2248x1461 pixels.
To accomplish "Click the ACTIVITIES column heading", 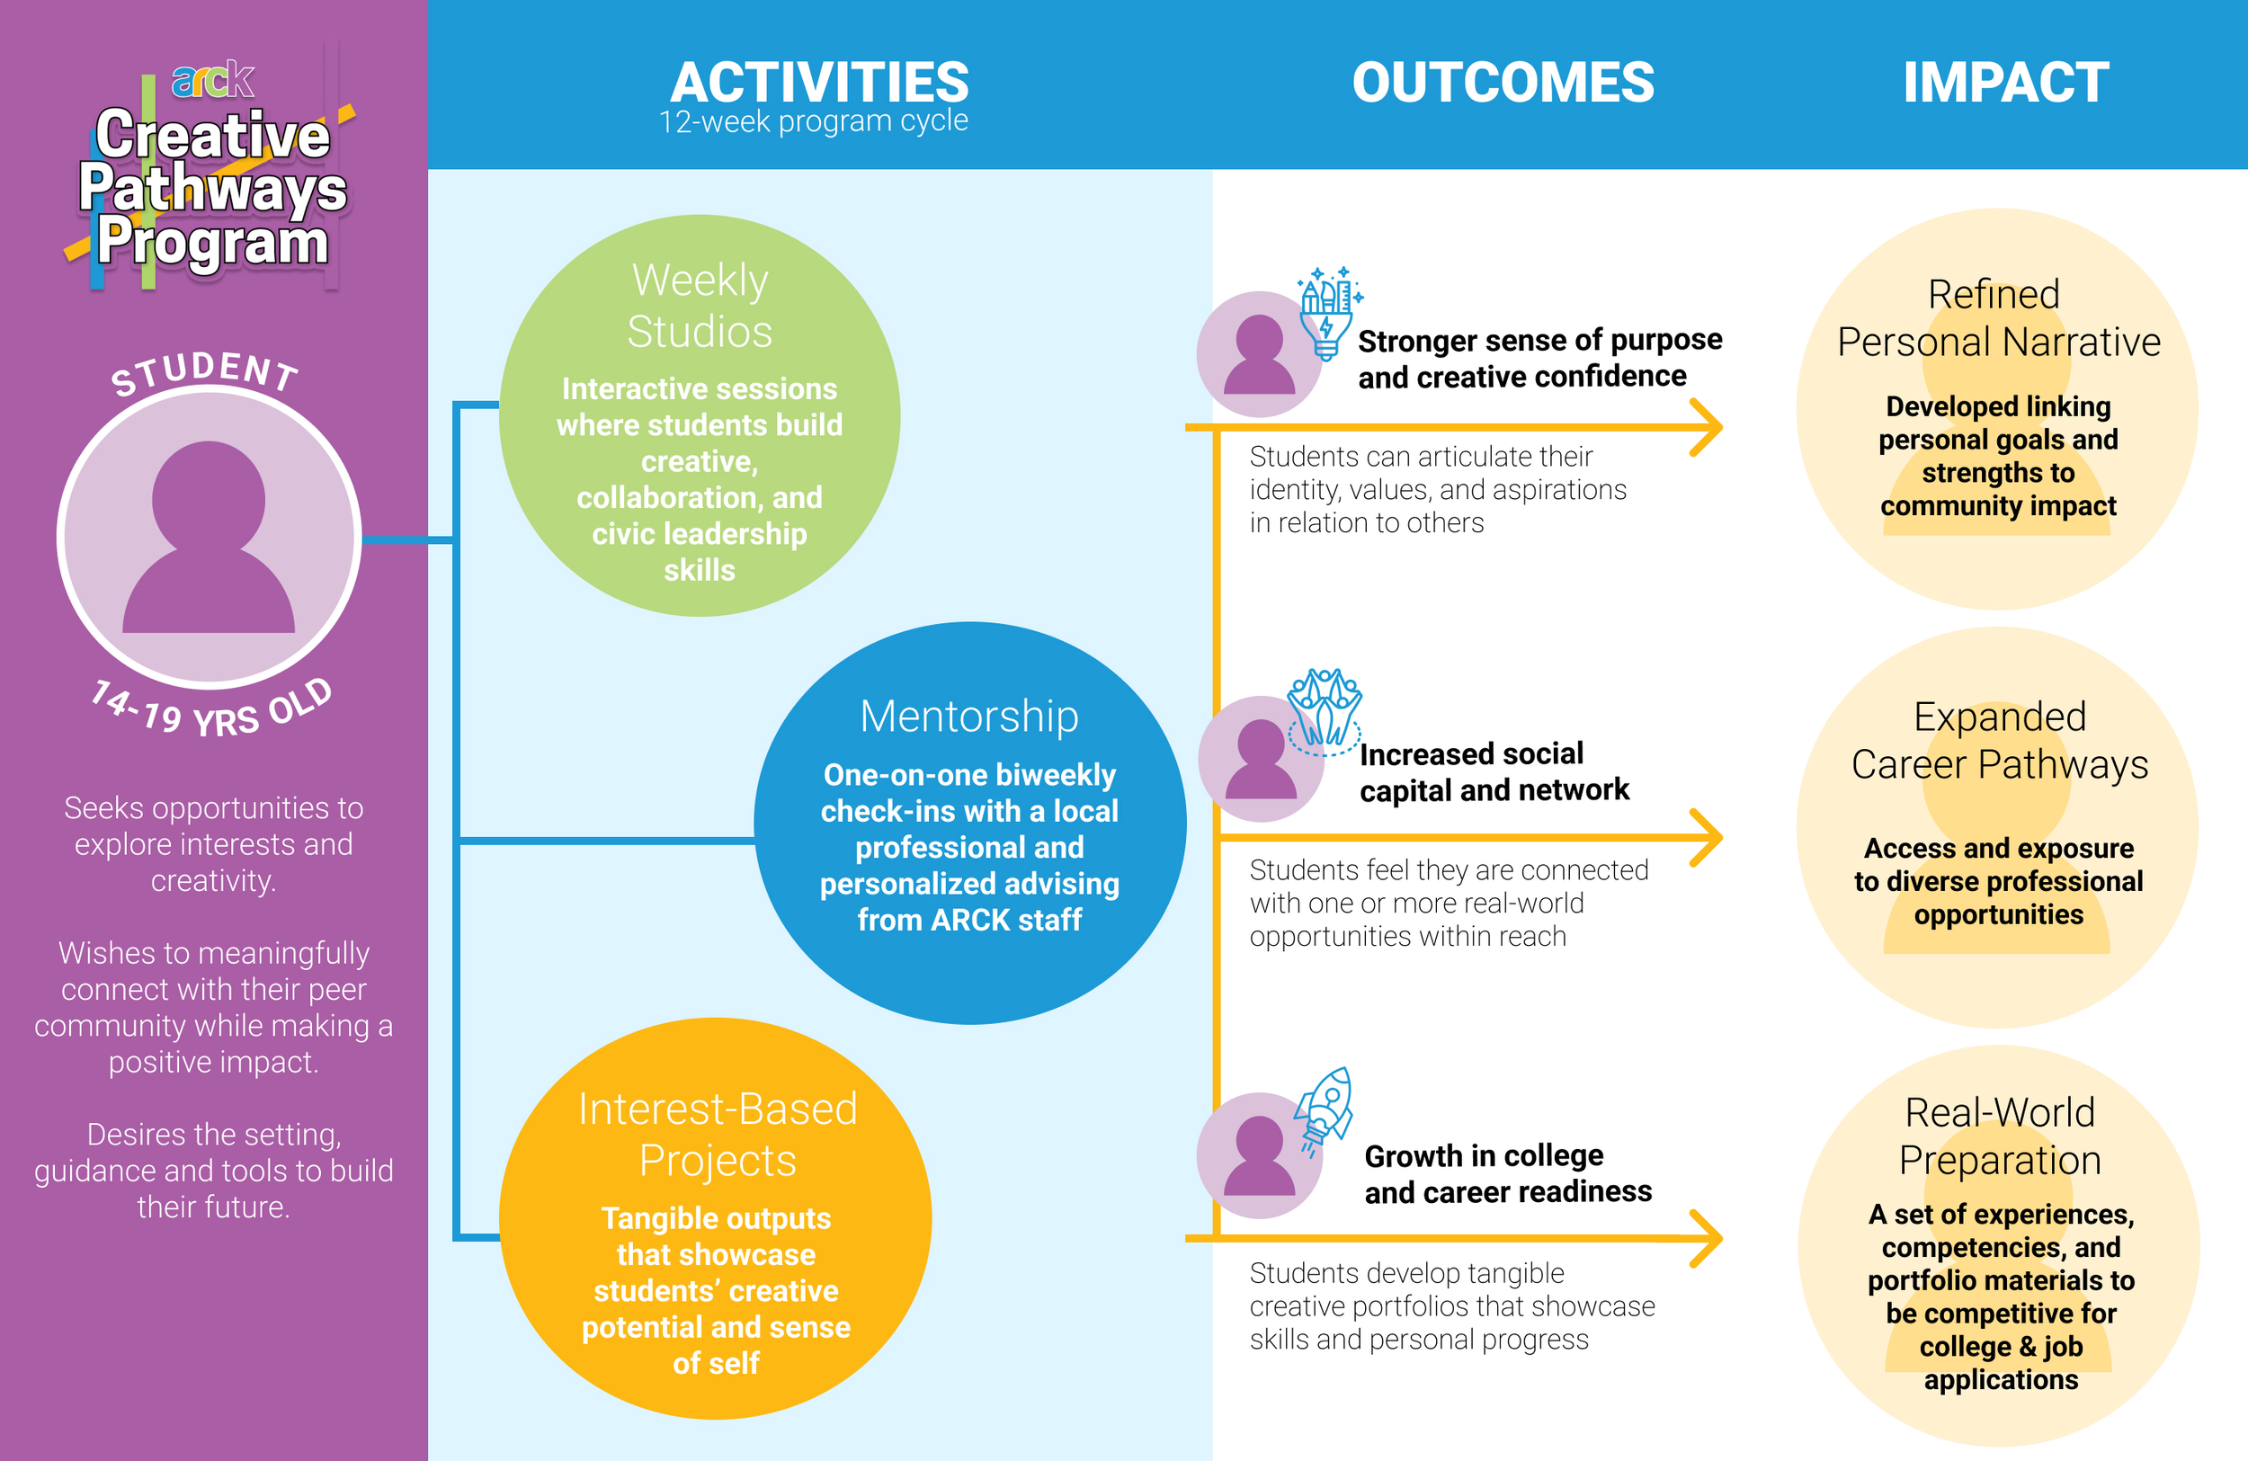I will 819,82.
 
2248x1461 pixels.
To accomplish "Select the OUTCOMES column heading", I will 1503,82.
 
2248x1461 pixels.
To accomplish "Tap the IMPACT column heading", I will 2005,82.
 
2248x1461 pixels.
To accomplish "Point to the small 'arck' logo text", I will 212,80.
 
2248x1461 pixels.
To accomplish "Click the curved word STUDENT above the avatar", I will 205,371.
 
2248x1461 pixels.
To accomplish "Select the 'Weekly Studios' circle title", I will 700,305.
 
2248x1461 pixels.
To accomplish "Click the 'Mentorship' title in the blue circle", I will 969,716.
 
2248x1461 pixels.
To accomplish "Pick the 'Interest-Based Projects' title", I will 717,1134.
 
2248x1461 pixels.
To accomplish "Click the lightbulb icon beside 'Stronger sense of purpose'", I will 1327,312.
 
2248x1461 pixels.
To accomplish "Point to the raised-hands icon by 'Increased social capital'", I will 1325,710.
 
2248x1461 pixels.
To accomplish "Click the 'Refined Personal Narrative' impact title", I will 1998,318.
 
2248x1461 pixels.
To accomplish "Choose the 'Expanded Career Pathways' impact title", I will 1999,741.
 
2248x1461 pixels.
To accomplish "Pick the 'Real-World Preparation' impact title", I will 2000,1136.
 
